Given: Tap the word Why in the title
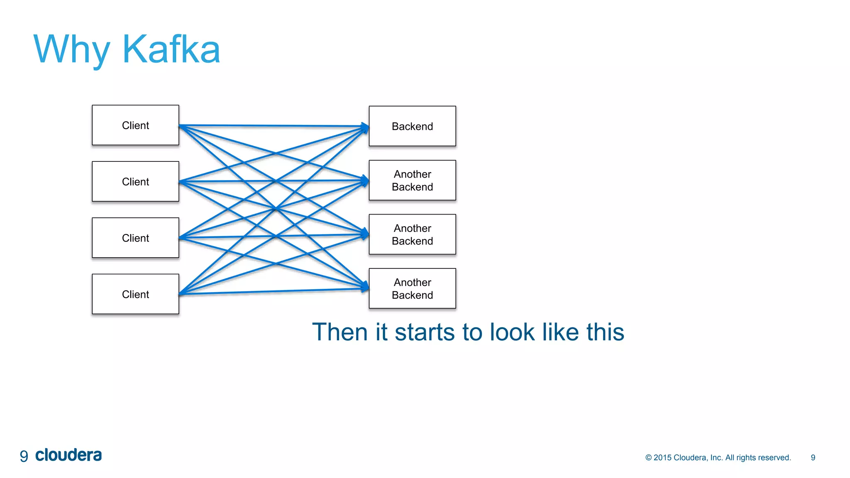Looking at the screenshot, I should [71, 50].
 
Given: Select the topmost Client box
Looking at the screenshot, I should [135, 125].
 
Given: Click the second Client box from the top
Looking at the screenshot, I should [135, 181].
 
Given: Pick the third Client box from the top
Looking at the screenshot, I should [135, 238].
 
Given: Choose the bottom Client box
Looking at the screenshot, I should [135, 294].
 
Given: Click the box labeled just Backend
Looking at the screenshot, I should [412, 126].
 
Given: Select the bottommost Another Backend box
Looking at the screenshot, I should [412, 288].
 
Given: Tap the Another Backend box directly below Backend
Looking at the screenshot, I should [412, 180].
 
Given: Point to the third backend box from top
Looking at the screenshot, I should [412, 234].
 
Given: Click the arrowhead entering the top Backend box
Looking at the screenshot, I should [365, 127].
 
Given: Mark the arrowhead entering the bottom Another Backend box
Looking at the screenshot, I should [365, 287].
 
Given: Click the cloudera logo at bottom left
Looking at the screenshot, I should [68, 455].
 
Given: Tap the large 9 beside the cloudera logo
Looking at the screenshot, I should [24, 456].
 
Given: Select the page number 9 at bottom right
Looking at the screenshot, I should [813, 458].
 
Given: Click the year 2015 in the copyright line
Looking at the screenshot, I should [662, 458].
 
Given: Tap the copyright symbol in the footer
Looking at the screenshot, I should [648, 458].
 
